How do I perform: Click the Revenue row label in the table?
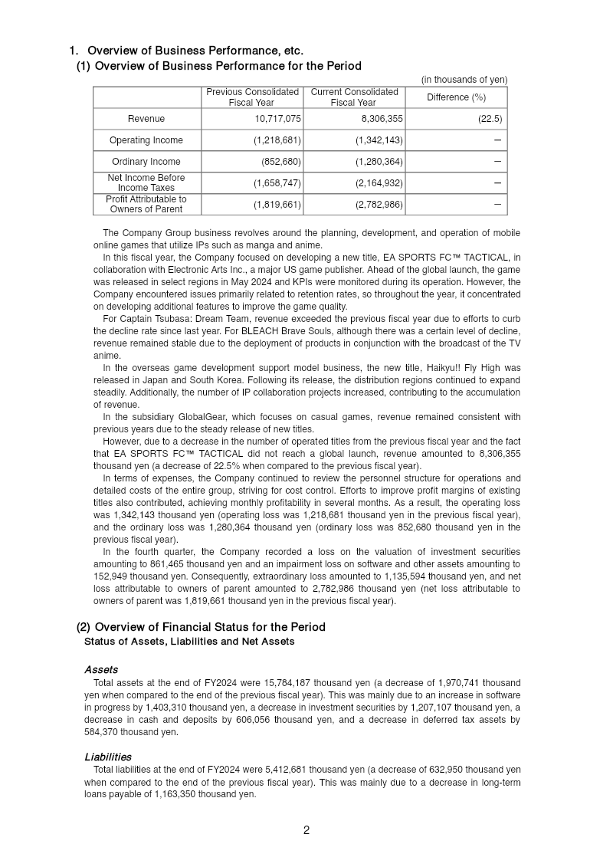pos(146,119)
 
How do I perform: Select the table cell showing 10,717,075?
pos(277,119)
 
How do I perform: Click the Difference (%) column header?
pos(456,97)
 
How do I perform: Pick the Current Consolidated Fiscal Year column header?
pos(353,97)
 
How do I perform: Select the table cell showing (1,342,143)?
pos(379,140)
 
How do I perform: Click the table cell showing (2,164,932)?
pos(379,183)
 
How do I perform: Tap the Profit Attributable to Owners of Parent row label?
pos(146,204)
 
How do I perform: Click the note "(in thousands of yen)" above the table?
pos(464,80)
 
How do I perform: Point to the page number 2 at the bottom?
pos(306,830)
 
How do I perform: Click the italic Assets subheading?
pos(101,669)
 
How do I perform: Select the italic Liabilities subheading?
pos(108,757)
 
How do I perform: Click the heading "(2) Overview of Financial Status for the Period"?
pos(201,627)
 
